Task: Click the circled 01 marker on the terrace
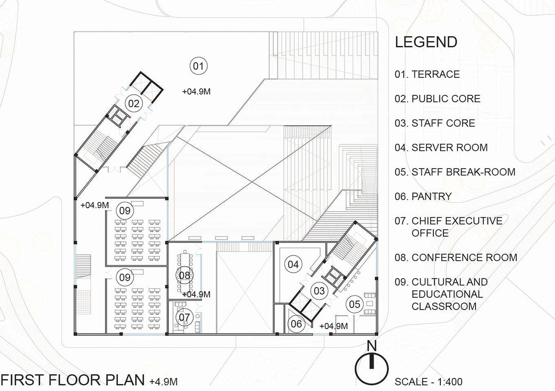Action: coord(198,67)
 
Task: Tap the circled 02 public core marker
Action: coord(134,104)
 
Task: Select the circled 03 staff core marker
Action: coord(320,291)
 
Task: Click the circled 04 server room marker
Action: coord(294,264)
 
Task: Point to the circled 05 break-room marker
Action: coord(354,304)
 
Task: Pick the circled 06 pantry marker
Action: coord(296,324)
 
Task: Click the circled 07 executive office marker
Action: coord(185,318)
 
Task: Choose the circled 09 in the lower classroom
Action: coord(125,278)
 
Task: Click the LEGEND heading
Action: coord(426,42)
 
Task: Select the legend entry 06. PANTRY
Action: coord(423,196)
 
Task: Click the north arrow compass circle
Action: coord(371,367)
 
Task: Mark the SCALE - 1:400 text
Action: coord(429,382)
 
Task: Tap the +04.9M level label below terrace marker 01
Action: coord(197,92)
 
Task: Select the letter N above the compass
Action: coord(371,346)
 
